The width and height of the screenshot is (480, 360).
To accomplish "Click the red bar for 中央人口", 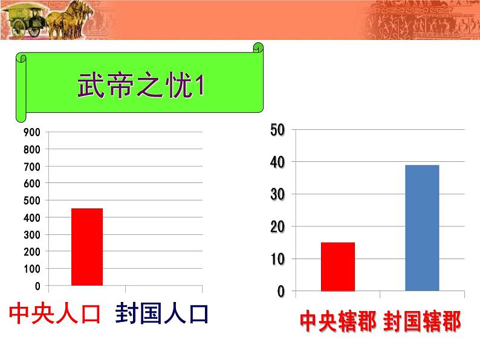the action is click(87, 247).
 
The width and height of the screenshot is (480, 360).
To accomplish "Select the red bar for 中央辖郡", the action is click(338, 266).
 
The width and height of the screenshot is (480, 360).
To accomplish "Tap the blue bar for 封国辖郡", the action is click(422, 228).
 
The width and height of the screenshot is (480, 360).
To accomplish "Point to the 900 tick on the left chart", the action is click(32, 132).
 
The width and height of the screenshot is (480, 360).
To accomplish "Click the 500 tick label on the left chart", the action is click(32, 201).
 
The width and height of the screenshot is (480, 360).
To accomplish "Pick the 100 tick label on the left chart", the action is click(32, 269).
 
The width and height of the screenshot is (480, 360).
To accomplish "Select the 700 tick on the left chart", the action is click(32, 167).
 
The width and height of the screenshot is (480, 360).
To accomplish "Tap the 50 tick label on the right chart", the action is click(277, 130).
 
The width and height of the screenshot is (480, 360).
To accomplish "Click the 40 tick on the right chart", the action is click(277, 162).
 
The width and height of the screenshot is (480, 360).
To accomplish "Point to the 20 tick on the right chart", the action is click(277, 227).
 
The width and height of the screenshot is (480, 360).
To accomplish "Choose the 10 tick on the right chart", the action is click(277, 259).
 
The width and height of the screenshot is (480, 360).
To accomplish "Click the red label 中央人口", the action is click(55, 313).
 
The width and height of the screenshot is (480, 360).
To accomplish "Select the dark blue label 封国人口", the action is click(162, 313).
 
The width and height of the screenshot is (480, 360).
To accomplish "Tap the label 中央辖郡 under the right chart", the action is click(339, 321).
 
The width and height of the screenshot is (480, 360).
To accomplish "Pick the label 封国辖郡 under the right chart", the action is click(422, 321).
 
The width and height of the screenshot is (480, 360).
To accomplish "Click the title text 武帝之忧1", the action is click(141, 85).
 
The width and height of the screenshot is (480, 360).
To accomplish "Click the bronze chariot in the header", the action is click(25, 21).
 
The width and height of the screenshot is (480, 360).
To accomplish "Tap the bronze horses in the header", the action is click(70, 20).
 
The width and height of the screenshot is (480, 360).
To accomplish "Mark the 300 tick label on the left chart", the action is click(32, 235).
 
